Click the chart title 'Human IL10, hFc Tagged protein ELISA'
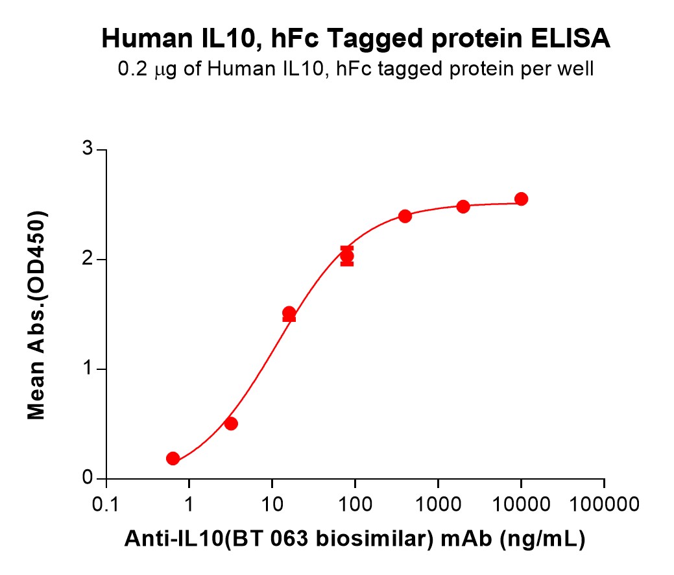pos(355,40)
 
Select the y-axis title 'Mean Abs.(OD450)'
pos(37,315)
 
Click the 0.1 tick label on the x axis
pos(106,504)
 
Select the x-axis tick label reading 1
pos(189,504)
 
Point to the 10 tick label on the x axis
pos(272,504)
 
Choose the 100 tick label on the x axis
pos(355,504)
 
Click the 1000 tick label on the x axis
pos(438,504)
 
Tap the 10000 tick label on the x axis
pos(521,504)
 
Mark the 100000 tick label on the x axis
pos(604,504)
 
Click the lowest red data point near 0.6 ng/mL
pos(173,459)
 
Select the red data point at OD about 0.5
pos(230,424)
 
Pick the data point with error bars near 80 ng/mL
pos(347,256)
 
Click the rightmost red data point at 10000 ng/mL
pos(521,199)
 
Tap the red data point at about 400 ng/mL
pos(405,216)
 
